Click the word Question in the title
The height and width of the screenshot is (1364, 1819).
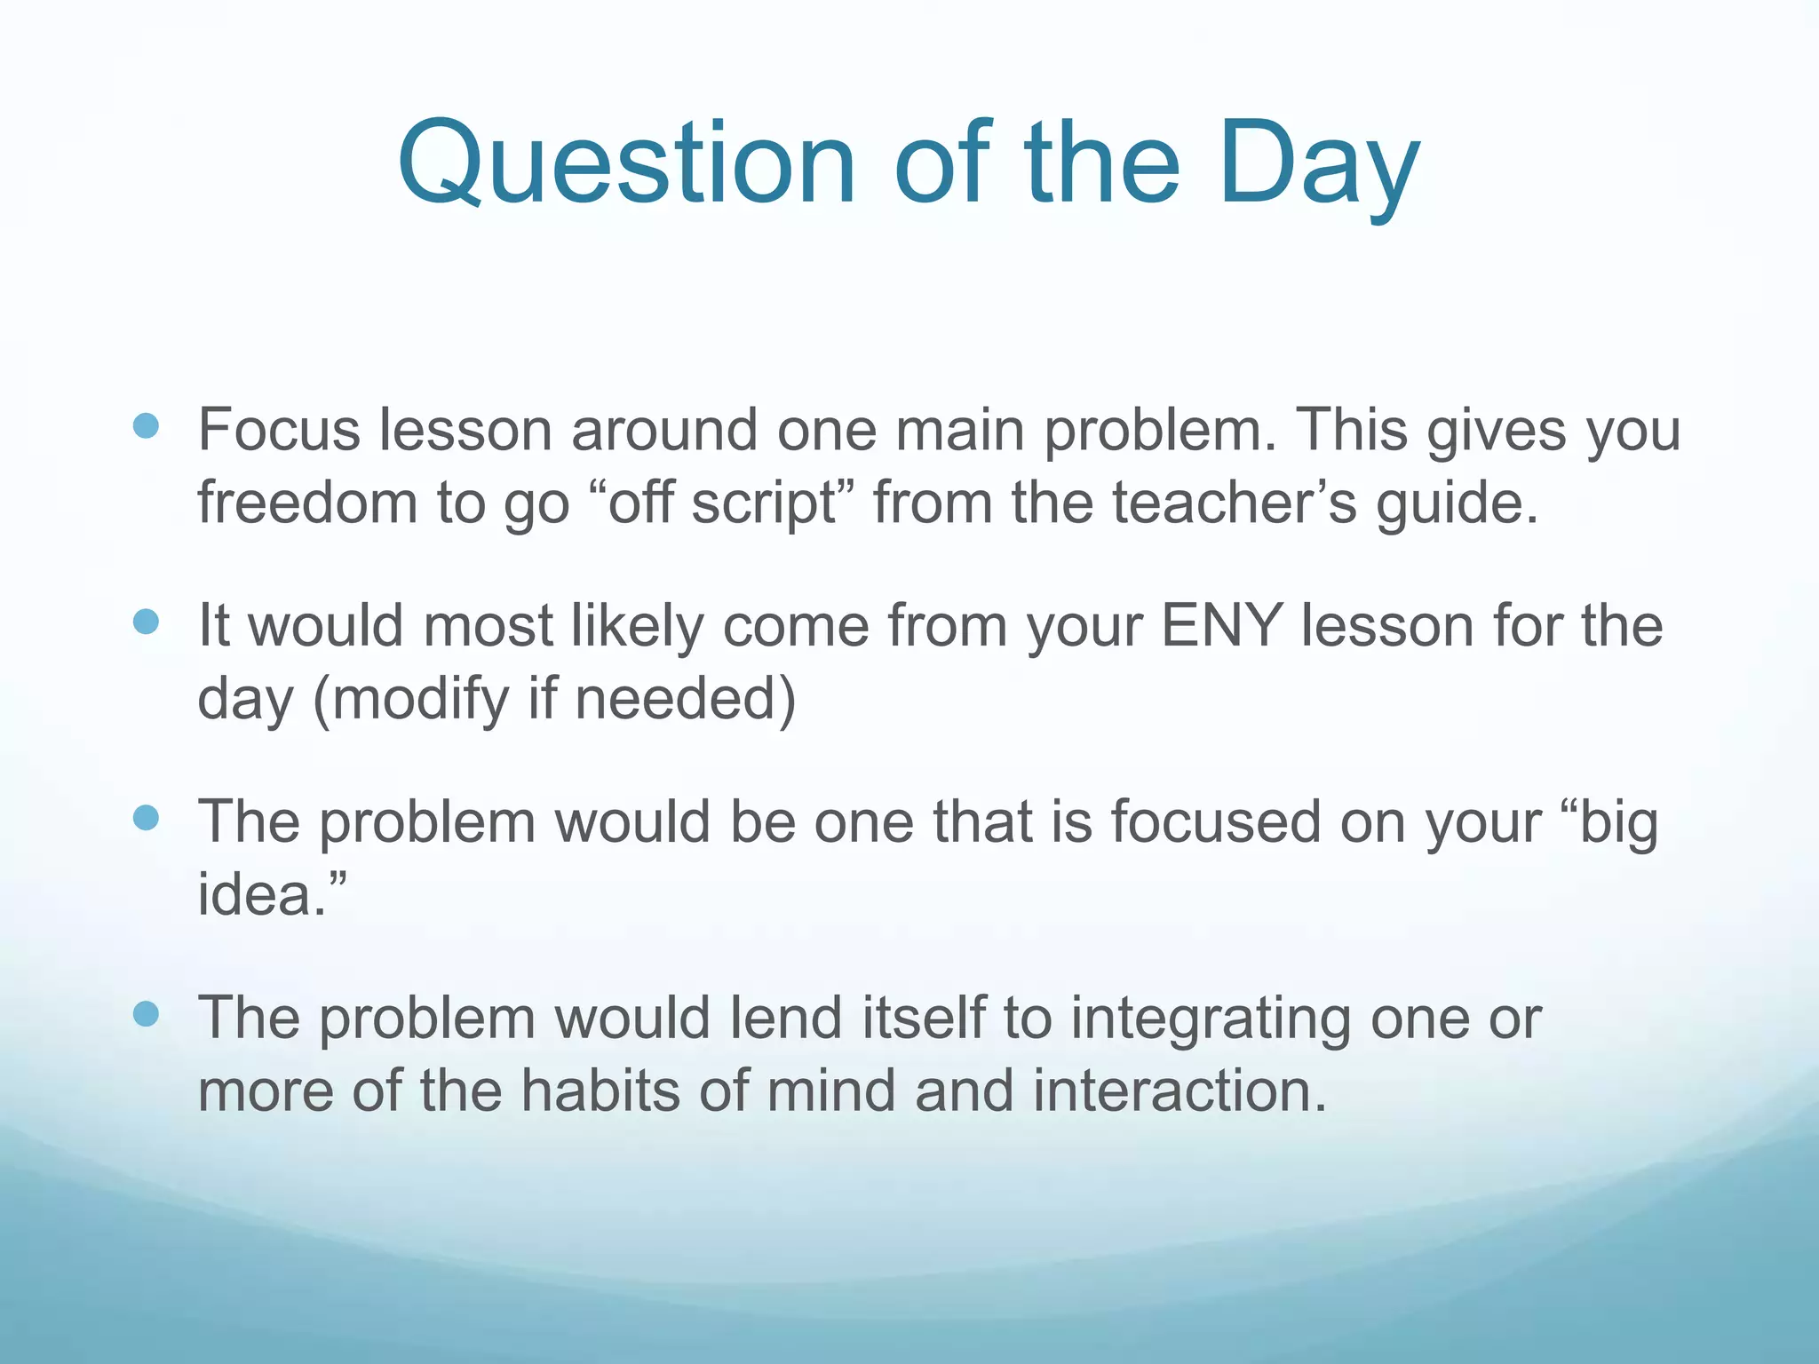coord(626,166)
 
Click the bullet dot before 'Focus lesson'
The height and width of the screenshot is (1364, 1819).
coord(146,426)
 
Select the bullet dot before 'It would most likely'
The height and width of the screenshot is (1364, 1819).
coord(146,622)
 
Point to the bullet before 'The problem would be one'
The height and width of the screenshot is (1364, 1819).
coord(146,818)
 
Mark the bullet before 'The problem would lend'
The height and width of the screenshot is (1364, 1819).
coord(146,1013)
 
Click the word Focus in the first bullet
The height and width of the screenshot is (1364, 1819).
coord(279,430)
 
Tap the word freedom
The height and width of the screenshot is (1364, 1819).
coord(307,503)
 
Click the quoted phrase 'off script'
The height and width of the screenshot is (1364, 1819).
coord(721,503)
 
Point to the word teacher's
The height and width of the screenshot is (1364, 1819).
coord(1235,503)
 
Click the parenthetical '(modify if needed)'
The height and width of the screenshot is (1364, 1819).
coord(554,700)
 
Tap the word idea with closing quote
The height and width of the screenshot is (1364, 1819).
coord(271,894)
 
